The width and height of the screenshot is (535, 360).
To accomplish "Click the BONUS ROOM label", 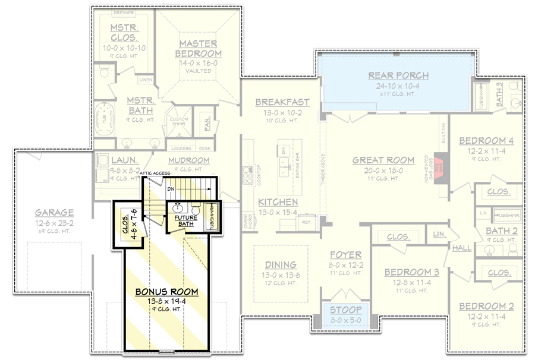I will pyautogui.click(x=166, y=292).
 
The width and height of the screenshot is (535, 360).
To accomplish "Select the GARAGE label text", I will pyautogui.click(x=54, y=212).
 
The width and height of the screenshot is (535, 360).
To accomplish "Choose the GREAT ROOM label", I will pyautogui.click(x=383, y=160).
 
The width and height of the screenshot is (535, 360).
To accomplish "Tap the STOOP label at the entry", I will pyautogui.click(x=345, y=310).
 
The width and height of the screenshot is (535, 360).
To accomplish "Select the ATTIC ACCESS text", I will pyautogui.click(x=155, y=173).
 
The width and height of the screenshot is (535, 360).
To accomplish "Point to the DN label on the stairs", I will pyautogui.click(x=171, y=189).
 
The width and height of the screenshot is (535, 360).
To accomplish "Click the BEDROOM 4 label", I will pyautogui.click(x=486, y=141).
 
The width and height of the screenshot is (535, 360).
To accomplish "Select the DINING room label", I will pyautogui.click(x=281, y=264).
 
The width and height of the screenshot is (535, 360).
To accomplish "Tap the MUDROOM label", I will pyautogui.click(x=188, y=160).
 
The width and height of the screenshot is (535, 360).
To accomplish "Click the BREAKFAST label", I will pyautogui.click(x=282, y=102).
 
